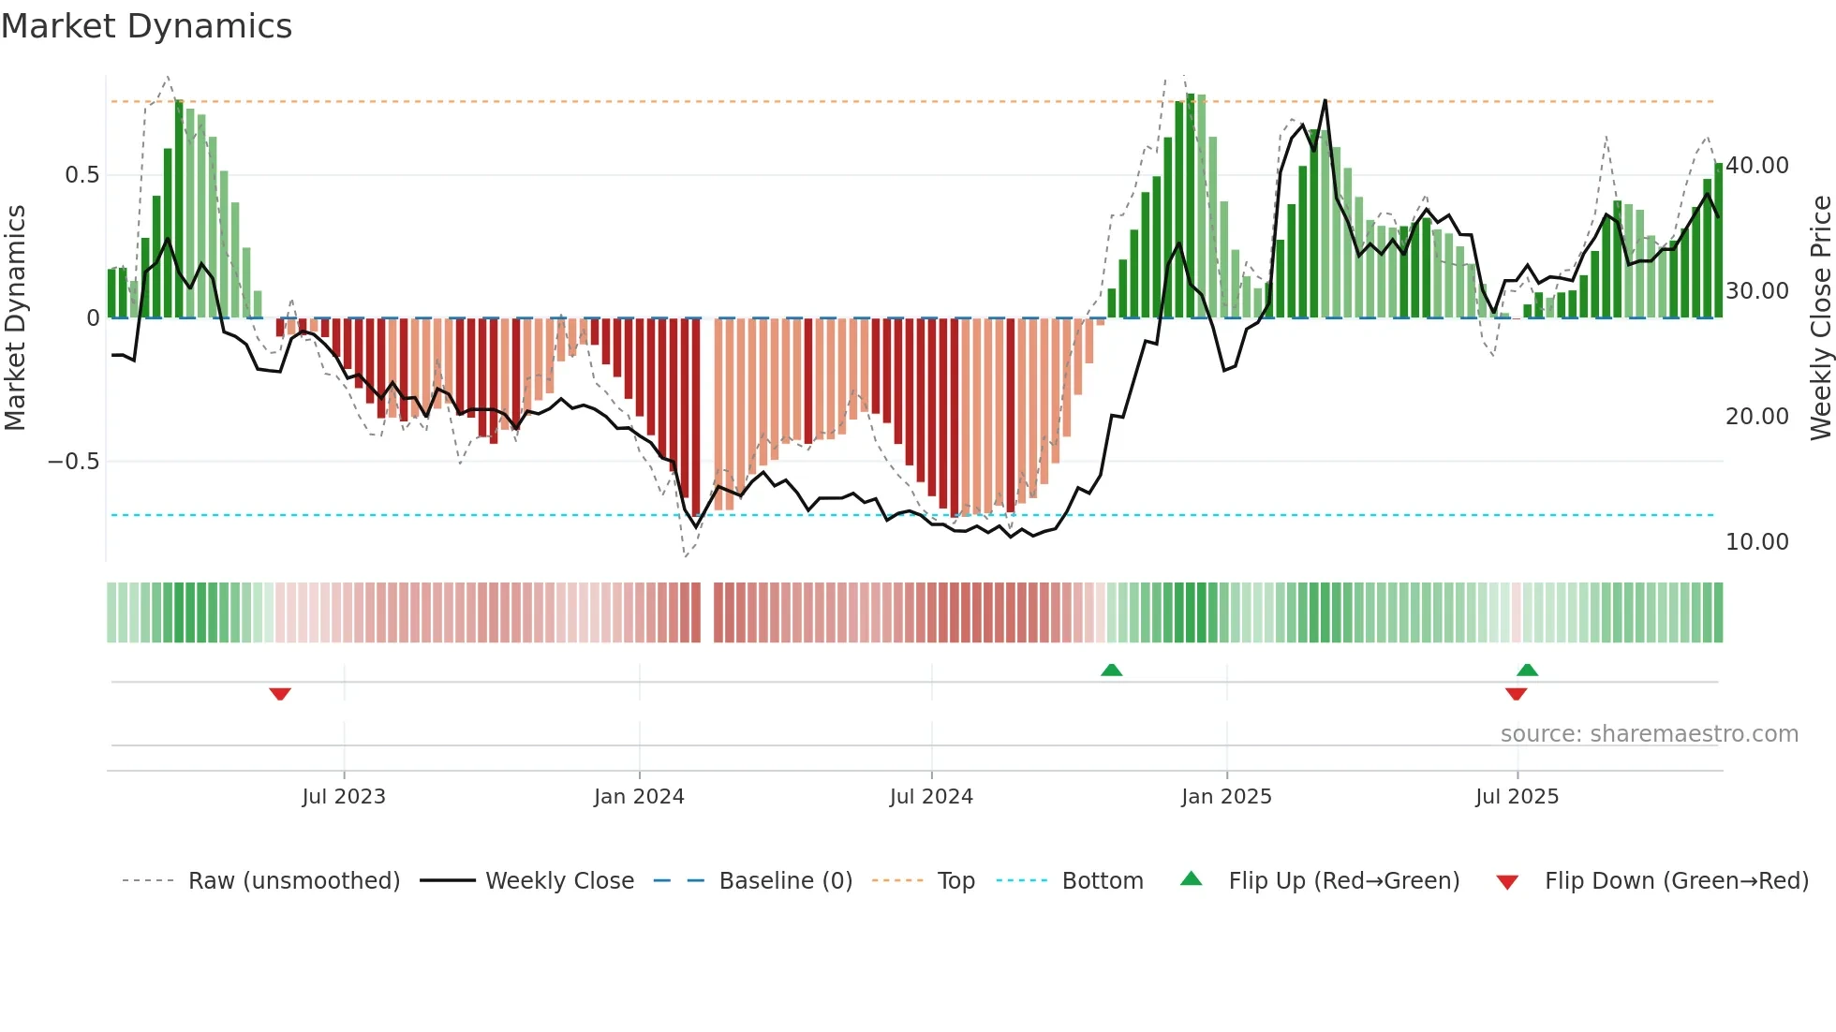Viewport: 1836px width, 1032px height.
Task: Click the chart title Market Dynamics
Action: pos(146,26)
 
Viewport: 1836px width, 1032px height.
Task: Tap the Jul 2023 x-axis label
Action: pos(344,797)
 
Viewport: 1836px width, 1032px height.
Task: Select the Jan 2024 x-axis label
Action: pos(639,797)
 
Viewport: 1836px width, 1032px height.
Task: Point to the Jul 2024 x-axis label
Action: pos(931,797)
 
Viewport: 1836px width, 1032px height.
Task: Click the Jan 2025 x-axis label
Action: pos(1226,797)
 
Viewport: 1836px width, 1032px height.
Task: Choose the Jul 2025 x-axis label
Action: pos(1517,797)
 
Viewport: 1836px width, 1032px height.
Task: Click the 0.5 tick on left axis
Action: pos(81,175)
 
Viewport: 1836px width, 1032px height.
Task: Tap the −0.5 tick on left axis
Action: pos(73,462)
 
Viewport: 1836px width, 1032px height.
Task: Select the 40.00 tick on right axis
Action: pos(1756,166)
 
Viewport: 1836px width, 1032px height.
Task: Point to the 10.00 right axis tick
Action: pos(1756,542)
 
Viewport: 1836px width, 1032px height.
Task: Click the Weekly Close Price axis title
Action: pos(1820,317)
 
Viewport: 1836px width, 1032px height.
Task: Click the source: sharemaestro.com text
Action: pos(1649,734)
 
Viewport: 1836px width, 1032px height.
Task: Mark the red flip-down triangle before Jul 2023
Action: pos(280,694)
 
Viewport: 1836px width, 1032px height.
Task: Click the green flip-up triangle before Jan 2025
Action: pos(1111,670)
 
